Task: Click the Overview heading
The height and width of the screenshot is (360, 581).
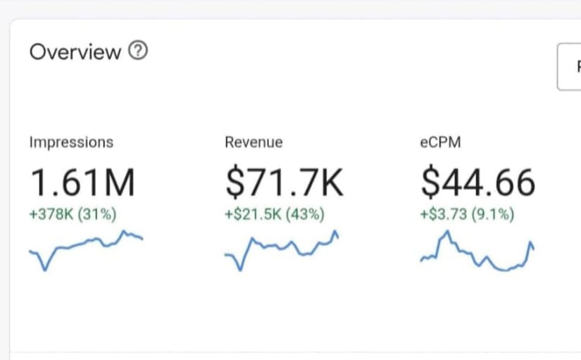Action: [x=75, y=52]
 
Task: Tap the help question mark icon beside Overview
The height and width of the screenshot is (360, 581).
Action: [x=139, y=51]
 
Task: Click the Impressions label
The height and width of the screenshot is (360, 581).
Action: [x=70, y=142]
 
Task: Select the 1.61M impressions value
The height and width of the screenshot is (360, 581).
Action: [x=82, y=182]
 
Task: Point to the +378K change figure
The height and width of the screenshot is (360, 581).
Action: [x=51, y=214]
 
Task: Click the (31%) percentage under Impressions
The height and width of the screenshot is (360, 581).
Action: [x=96, y=214]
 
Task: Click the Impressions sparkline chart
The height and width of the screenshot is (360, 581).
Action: [x=86, y=249]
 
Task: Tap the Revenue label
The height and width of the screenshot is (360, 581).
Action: [x=254, y=142]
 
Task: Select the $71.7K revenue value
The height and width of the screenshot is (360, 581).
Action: [x=285, y=182]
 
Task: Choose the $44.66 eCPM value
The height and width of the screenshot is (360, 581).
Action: [x=477, y=182]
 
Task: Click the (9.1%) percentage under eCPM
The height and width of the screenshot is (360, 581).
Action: [x=492, y=214]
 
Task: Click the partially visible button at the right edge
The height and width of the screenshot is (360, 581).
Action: [x=569, y=67]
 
